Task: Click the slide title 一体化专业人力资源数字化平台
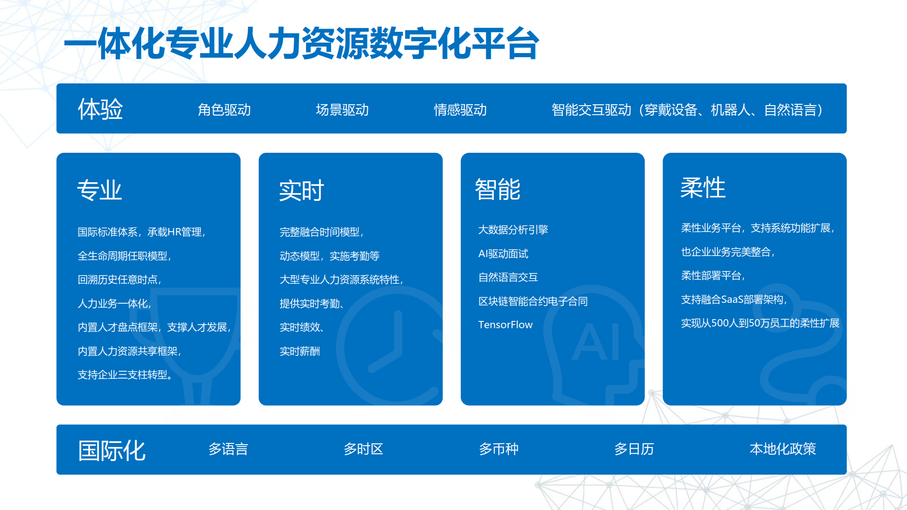point(302,44)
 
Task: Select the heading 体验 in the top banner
point(100,109)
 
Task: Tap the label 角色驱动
point(224,110)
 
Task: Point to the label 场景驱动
point(342,110)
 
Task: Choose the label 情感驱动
point(460,110)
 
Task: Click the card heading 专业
point(100,190)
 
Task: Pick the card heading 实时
point(302,190)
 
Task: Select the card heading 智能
point(497,189)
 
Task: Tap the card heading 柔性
point(703,187)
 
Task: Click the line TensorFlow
point(505,325)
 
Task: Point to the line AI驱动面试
point(503,254)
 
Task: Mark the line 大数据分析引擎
point(513,230)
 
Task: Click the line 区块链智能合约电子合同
point(533,301)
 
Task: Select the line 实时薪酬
point(300,351)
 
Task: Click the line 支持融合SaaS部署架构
point(734,300)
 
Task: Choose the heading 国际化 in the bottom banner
point(112,451)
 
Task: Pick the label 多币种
point(499,449)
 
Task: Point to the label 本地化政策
point(783,449)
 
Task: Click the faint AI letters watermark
point(596,342)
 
